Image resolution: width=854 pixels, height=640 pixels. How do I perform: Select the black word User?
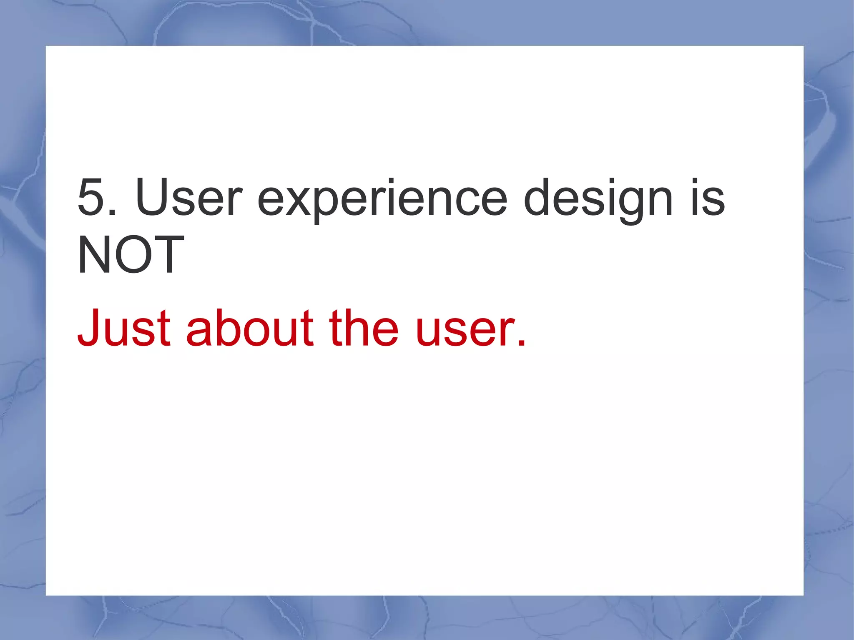(188, 197)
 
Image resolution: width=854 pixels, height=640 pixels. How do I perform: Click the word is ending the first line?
(708, 197)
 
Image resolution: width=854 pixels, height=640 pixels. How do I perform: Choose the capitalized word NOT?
(131, 254)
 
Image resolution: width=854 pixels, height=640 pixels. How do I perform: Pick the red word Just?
(124, 328)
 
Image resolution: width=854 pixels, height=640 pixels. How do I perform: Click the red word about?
(249, 328)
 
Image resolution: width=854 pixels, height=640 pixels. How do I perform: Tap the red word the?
(364, 328)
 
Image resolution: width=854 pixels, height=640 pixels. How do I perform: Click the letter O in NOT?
(131, 254)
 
